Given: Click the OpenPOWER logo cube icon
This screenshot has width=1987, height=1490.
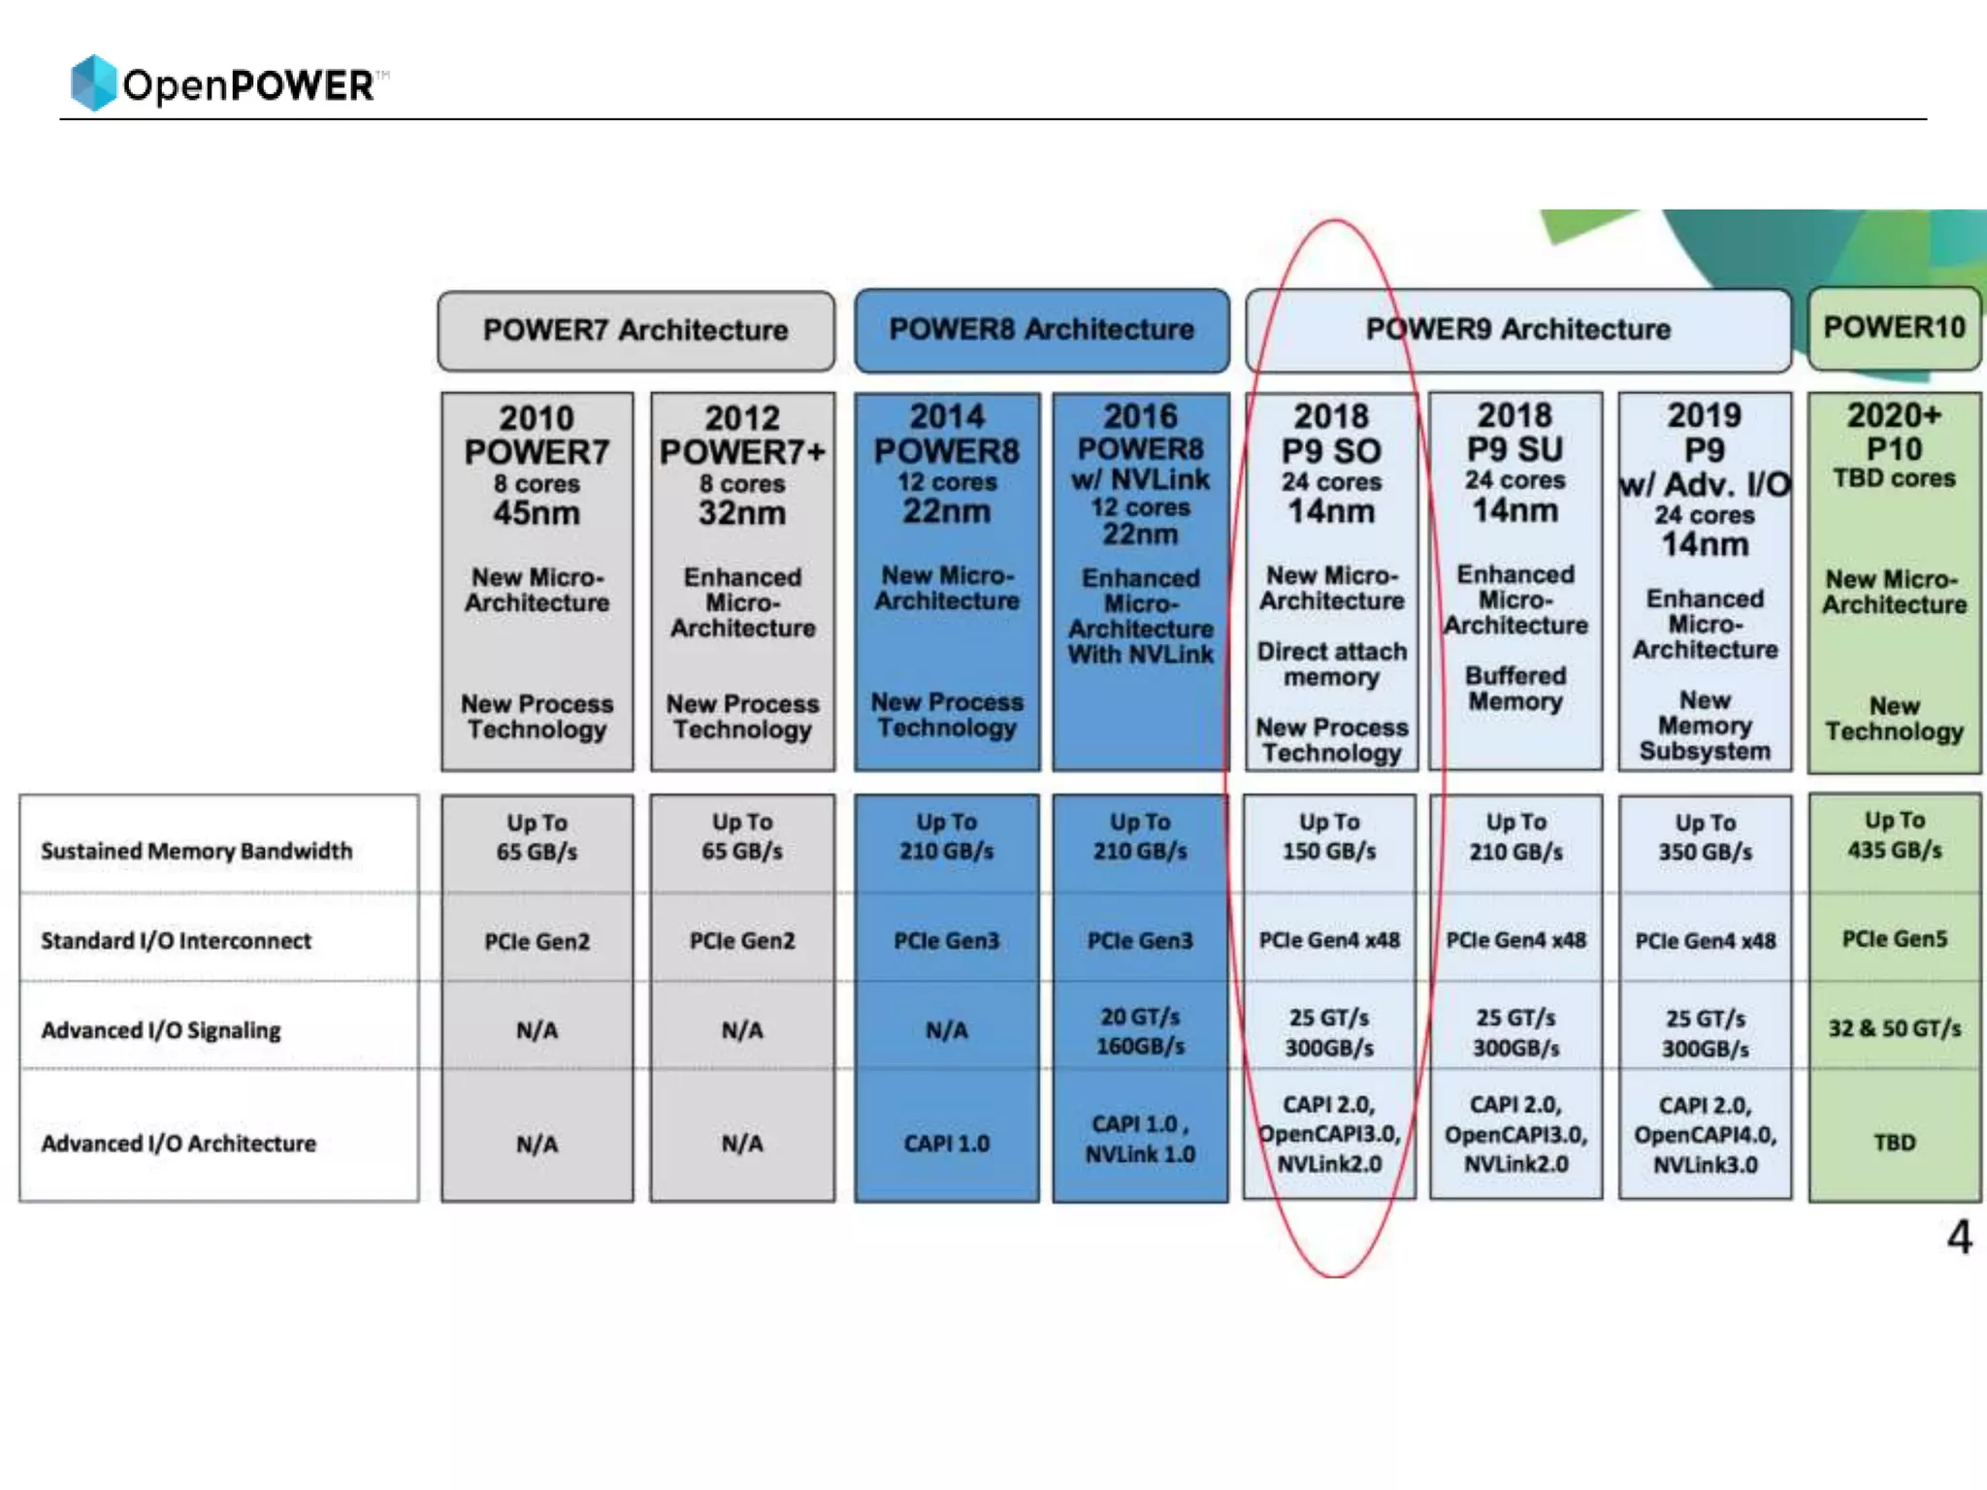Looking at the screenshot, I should point(93,82).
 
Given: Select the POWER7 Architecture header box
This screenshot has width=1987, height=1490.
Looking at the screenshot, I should point(635,331).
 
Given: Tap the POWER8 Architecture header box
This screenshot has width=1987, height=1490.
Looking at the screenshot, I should point(1041,330).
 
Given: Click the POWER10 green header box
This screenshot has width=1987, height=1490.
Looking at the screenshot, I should point(1894,328).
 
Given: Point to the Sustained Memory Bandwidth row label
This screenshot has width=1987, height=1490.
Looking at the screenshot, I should point(197,851).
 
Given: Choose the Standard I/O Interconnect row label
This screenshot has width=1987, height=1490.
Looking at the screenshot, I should point(176,941).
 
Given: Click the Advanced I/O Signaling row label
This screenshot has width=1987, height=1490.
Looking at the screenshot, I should point(161,1030).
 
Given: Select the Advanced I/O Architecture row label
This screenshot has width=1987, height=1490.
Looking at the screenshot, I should point(179,1144).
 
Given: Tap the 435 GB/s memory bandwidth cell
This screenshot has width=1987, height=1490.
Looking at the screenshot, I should point(1894,836).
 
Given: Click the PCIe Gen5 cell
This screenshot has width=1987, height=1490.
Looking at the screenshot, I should point(1894,939).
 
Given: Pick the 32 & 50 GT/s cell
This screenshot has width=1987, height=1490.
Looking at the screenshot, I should point(1894,1028).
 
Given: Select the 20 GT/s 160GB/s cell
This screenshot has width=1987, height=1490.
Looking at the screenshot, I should point(1140,1031).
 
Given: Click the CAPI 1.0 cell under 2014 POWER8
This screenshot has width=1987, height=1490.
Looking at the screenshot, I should point(946,1144).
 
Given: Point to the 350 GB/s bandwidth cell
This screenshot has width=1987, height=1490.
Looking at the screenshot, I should point(1705,838).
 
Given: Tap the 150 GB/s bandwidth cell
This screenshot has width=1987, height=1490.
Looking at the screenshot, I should point(1329,837).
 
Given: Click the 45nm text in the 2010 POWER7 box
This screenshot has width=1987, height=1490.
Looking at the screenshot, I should point(537,513).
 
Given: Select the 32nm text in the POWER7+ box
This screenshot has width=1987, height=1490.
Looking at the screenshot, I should point(742,513).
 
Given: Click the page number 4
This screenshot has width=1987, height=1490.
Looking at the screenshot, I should point(1959,1238).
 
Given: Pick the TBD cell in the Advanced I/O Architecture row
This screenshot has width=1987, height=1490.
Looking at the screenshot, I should point(1894,1143).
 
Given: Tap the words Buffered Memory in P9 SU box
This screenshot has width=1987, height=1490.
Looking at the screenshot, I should point(1515,689).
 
